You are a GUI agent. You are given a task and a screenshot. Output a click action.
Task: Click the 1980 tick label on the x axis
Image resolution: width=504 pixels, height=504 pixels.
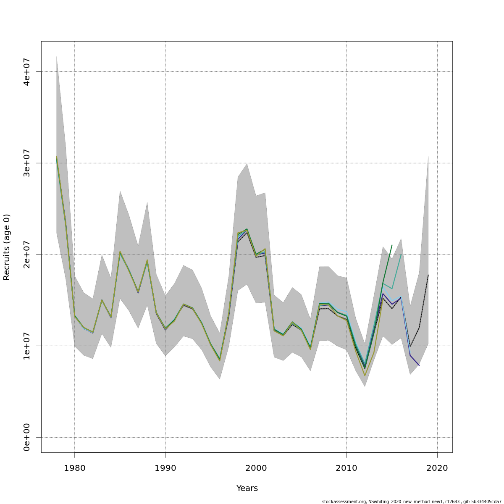click(x=74, y=467)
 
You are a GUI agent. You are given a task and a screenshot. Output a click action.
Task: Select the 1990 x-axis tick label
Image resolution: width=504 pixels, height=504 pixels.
click(x=165, y=467)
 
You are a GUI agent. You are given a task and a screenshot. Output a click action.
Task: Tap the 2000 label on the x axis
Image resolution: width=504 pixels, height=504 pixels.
click(x=256, y=467)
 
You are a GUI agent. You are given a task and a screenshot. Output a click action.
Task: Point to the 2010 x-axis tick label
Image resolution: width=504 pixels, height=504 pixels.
click(x=346, y=467)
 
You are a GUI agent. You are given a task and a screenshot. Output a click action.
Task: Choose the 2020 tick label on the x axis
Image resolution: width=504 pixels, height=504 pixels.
click(x=437, y=467)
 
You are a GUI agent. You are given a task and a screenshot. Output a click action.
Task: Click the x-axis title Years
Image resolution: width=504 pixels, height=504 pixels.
click(x=247, y=488)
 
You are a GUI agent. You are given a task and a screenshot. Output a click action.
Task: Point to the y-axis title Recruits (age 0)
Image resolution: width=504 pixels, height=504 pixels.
click(x=7, y=247)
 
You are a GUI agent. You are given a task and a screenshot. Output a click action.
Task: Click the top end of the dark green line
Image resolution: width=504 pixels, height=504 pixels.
click(x=392, y=245)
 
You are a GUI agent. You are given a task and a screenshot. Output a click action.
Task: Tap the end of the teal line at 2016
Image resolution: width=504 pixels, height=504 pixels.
click(x=401, y=254)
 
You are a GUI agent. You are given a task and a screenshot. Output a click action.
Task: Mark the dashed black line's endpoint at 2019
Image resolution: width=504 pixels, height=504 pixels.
click(x=428, y=275)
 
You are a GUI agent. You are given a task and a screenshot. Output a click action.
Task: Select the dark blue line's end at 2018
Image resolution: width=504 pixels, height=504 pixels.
click(x=419, y=365)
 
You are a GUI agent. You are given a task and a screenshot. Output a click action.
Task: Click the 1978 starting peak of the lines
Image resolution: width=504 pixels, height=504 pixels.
click(x=56, y=157)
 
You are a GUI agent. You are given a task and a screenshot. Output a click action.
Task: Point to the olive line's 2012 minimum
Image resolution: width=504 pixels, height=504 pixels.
click(x=365, y=375)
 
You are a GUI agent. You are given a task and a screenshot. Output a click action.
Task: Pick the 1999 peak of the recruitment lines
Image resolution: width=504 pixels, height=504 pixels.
click(x=247, y=229)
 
